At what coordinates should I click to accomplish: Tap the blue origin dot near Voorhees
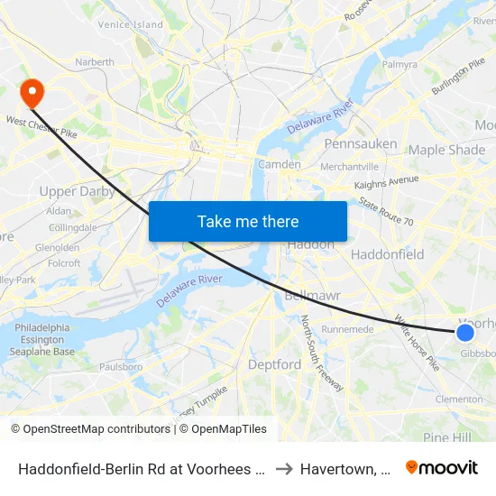pos(465,333)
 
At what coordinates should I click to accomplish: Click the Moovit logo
pos(442,467)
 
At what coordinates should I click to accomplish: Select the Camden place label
pos(279,164)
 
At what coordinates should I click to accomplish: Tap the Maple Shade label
pos(446,150)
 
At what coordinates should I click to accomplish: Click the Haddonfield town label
pos(387,254)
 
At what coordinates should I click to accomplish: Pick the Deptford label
pos(275,364)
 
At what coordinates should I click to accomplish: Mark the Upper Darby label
pos(77,191)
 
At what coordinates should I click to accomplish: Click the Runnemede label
pos(347,329)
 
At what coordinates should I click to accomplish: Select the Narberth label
pos(94,62)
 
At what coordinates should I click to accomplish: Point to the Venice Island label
pos(130,24)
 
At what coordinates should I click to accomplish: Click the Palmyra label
pos(400,65)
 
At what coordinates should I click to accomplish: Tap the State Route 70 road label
pos(386,210)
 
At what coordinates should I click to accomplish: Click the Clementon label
pos(458,399)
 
